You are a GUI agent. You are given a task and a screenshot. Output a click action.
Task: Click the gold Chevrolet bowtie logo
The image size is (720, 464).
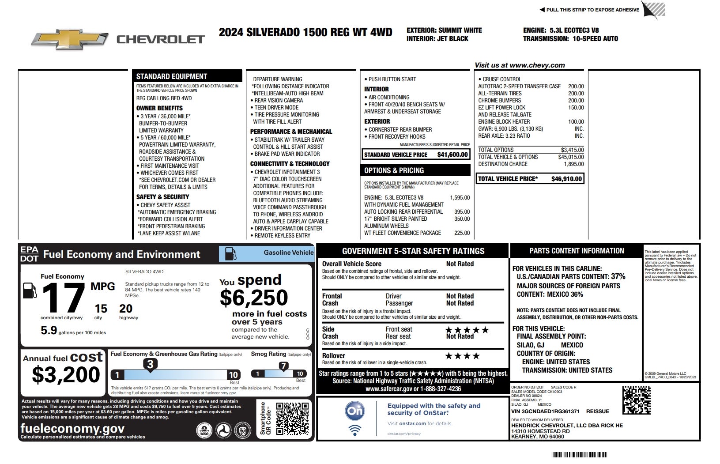(69, 39)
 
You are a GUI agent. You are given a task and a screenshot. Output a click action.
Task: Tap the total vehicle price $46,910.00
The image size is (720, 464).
(566, 179)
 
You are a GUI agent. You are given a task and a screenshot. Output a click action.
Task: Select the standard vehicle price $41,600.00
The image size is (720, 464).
(452, 155)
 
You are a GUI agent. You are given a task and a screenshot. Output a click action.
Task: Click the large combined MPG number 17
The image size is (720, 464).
(63, 298)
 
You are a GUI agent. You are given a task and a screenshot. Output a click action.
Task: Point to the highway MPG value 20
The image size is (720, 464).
(125, 309)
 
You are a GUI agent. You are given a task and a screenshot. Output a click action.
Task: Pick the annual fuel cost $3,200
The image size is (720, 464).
(66, 375)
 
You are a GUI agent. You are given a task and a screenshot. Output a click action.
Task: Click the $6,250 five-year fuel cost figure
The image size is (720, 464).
(254, 298)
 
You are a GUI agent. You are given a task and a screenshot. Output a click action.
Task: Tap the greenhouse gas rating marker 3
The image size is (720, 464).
(150, 364)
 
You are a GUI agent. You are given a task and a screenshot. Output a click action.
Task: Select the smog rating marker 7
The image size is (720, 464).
(283, 366)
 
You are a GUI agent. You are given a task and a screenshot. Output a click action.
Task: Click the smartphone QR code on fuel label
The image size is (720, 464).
(292, 418)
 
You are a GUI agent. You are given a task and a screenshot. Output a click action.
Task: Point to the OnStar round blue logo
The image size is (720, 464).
(355, 411)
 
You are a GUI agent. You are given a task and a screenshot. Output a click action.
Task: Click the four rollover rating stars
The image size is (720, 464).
(462, 356)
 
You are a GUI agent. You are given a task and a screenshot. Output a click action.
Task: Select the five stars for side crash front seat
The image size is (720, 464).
(467, 330)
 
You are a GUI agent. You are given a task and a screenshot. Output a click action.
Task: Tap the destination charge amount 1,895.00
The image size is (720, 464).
(573, 164)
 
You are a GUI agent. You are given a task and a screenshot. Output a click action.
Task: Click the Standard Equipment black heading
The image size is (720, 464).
(172, 76)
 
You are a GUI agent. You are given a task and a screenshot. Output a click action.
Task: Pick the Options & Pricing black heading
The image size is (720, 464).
(394, 170)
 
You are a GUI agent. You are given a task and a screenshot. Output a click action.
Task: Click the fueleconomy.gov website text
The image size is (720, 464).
(72, 428)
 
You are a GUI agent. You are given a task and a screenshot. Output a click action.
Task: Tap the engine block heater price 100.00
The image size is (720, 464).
(576, 121)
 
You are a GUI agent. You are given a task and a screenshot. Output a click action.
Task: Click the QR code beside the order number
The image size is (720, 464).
(636, 400)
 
